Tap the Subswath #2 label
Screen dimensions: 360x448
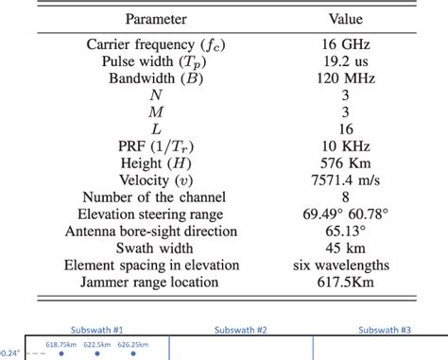pyautogui.click(x=241, y=330)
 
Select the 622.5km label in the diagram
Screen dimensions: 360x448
pyautogui.click(x=97, y=345)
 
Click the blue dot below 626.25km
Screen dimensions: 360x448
pyautogui.click(x=133, y=354)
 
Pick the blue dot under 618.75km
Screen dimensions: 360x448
pyautogui.click(x=61, y=354)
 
